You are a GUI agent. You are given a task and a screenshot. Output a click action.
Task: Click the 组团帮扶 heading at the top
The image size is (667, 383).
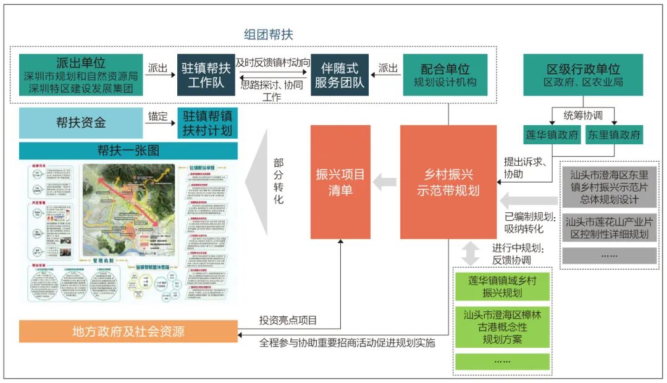[268, 35]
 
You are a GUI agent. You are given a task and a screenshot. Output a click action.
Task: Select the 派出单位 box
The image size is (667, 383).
[80, 75]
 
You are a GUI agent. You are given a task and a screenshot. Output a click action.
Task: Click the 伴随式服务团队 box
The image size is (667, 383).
[339, 75]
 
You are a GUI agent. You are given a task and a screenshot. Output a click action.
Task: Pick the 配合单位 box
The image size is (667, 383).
[445, 75]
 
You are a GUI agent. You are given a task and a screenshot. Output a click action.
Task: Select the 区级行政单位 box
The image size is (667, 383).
[582, 75]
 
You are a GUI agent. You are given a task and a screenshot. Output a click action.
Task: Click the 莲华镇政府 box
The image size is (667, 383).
[552, 135]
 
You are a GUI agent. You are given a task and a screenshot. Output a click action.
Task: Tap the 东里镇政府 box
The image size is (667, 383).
[613, 135]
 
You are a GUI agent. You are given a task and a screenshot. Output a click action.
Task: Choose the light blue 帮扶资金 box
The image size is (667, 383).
[81, 122]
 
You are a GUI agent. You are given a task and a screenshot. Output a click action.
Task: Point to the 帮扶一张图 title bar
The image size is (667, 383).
[128, 150]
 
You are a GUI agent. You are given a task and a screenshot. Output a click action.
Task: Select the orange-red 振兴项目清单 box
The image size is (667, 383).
[340, 182]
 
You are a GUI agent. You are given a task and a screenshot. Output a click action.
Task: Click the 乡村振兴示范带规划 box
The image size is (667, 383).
[448, 182]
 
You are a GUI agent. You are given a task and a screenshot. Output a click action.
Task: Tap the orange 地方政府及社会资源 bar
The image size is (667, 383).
[128, 331]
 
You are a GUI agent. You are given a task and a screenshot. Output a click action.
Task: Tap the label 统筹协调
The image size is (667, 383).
[582, 115]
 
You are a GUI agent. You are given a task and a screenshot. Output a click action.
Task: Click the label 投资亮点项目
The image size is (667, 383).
[288, 320]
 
